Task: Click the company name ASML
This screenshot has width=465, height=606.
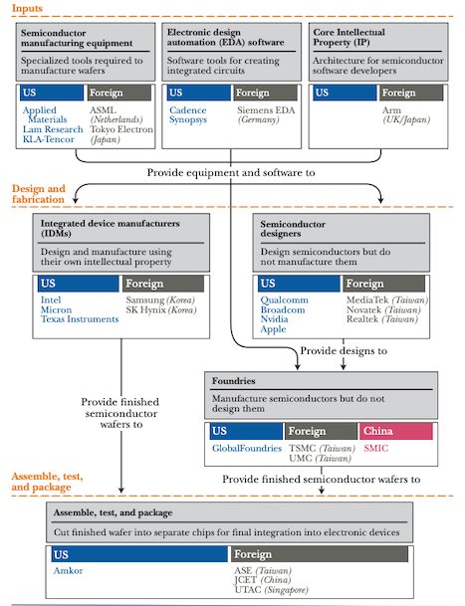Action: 103,110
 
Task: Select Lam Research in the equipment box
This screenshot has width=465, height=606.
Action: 53,129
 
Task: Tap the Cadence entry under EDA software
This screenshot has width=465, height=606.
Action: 187,110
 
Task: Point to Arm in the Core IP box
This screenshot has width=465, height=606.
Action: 391,110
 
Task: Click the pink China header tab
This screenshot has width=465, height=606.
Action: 395,431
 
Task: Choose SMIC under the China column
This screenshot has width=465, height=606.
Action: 375,449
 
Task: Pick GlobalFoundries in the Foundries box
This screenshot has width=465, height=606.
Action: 246,449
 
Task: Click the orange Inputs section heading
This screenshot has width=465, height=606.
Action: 27,8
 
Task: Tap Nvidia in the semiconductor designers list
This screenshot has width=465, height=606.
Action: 274,319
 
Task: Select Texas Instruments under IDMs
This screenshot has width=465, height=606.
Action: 80,319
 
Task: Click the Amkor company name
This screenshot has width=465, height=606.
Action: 68,571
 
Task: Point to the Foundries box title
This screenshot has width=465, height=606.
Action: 233,381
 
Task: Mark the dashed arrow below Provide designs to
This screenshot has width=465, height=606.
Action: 344,354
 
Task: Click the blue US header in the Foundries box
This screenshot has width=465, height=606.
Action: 246,431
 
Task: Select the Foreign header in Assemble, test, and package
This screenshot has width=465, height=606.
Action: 320,554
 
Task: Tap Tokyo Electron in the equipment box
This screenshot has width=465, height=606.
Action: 121,129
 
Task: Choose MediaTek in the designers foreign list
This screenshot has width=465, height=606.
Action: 367,300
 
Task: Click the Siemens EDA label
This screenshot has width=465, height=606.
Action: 266,110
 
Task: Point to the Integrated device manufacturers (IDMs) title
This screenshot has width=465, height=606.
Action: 110,229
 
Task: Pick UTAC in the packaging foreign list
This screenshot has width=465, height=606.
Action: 248,590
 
